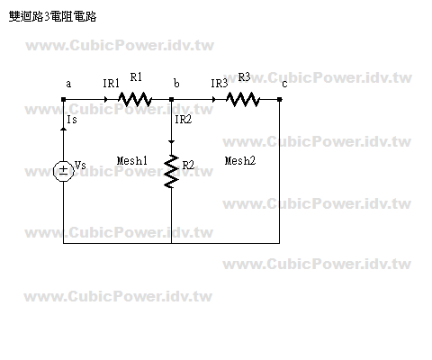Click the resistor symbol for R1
[x=135, y=99]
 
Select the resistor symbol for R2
[x=171, y=172]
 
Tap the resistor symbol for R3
[x=243, y=99]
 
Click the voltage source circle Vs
[x=63, y=172]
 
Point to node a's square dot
[x=63, y=99]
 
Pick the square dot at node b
[x=171, y=99]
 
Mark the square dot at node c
[x=279, y=99]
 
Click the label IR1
[x=111, y=84]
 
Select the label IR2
[x=183, y=120]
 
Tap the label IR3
[x=219, y=84]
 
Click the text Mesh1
[x=132, y=161]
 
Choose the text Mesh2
[x=240, y=161]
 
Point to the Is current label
[x=72, y=120]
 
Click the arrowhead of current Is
[x=63, y=129]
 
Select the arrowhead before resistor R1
[x=105, y=99]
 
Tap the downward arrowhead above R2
[x=171, y=142]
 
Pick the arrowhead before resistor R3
[x=213, y=99]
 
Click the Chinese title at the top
[x=53, y=16]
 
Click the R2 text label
[x=188, y=165]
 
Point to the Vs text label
[x=80, y=165]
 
